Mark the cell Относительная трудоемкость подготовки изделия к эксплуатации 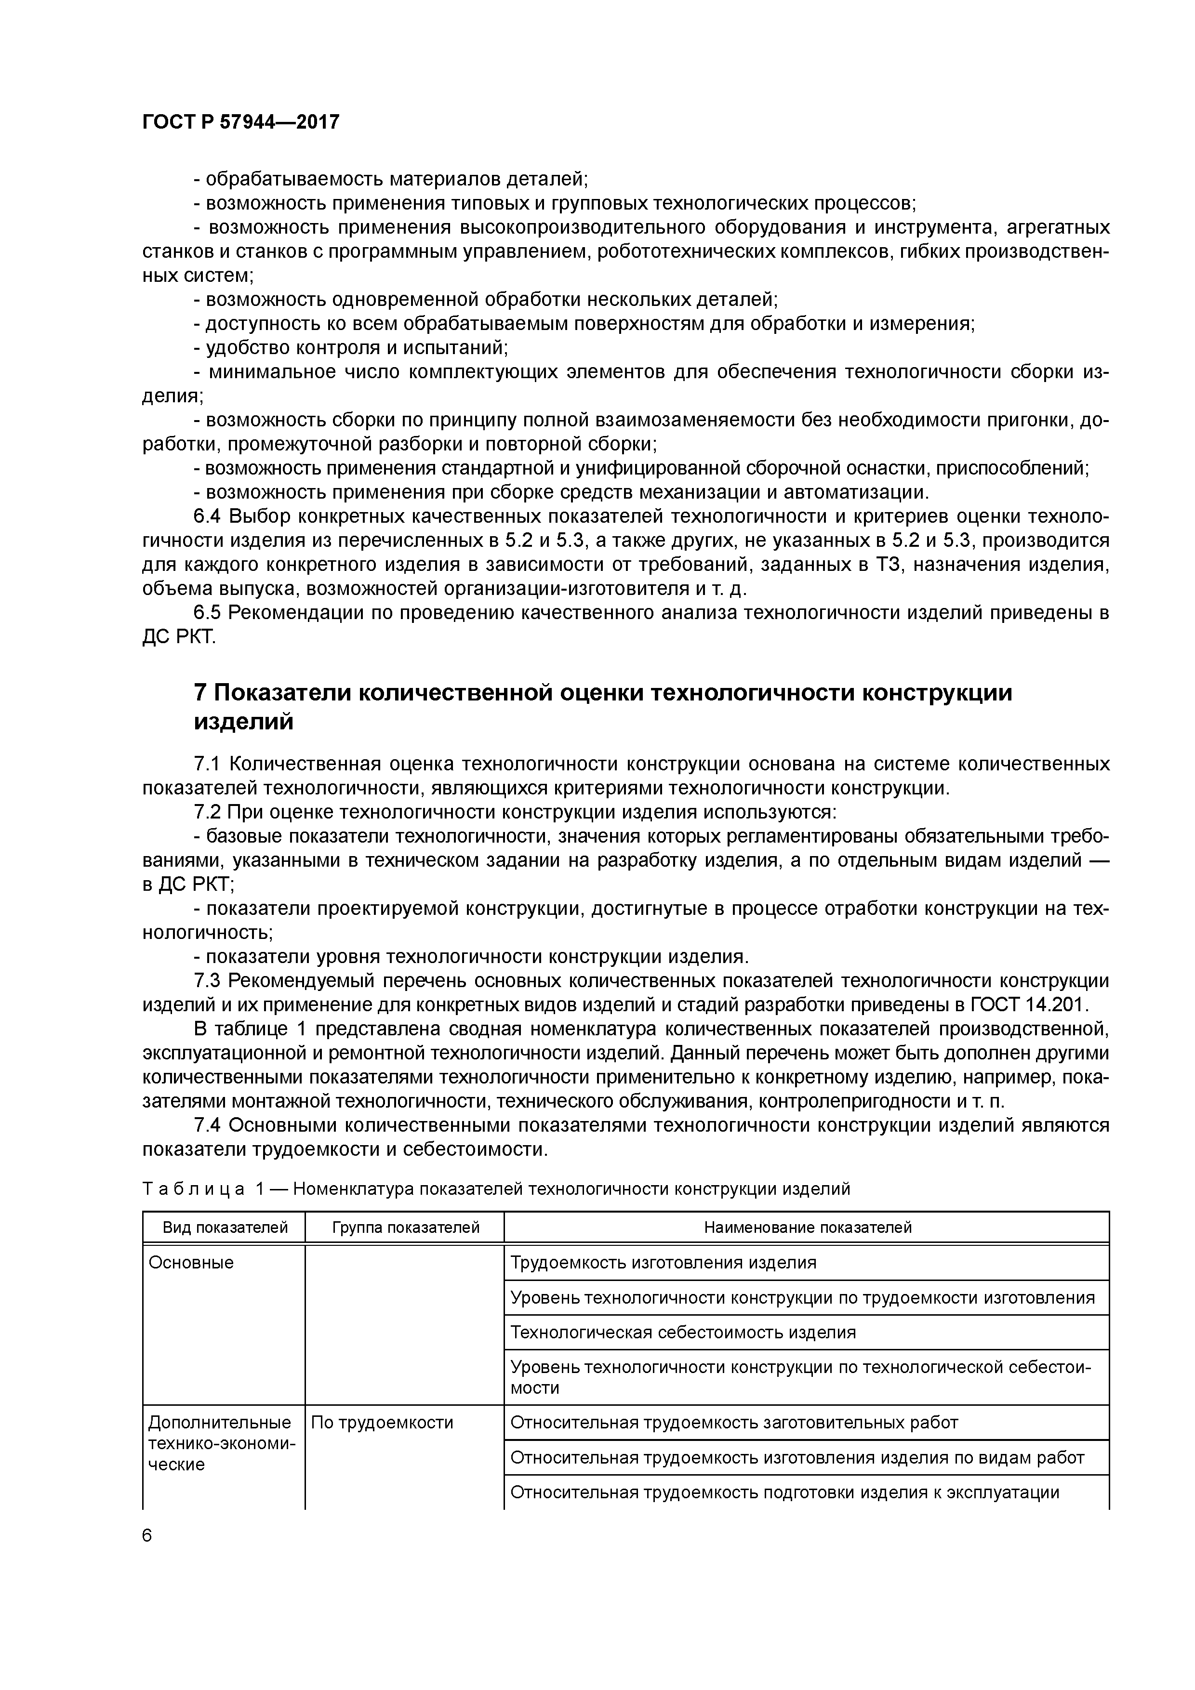(784, 1492)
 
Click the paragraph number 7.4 (207, 1125)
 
